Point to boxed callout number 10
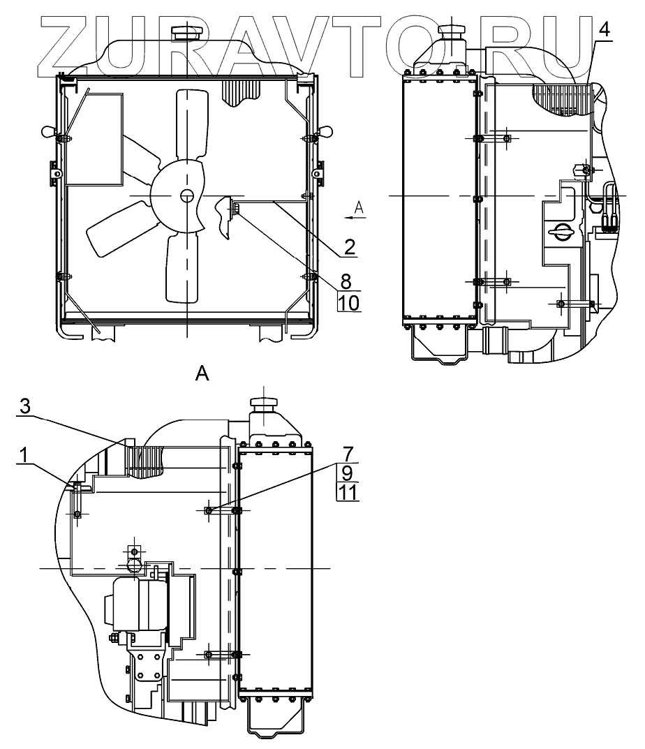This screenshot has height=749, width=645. click(x=348, y=302)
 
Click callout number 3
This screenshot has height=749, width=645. click(x=25, y=408)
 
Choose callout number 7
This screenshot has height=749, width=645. click(x=347, y=454)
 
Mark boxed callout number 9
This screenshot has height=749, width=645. click(x=347, y=473)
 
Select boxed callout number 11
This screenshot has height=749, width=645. click(x=347, y=493)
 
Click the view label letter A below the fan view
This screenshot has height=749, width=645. click(x=202, y=374)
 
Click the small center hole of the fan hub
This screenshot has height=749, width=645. click(x=186, y=196)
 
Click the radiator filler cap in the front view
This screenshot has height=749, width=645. click(x=186, y=33)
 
